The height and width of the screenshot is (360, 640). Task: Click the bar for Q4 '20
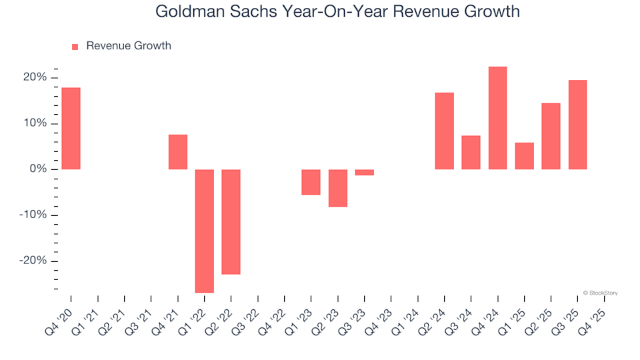click(x=71, y=128)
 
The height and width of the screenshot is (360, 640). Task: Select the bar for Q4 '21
click(x=178, y=152)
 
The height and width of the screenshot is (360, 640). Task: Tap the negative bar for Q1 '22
click(x=205, y=231)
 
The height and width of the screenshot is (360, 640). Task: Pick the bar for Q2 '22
click(x=231, y=221)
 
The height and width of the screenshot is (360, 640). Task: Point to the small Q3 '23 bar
click(x=365, y=173)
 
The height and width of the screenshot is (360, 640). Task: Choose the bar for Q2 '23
click(x=338, y=188)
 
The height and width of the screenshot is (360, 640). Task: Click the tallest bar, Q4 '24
click(x=497, y=118)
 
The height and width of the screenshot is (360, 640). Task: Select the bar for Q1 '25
click(x=524, y=156)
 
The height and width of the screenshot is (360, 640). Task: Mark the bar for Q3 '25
click(x=577, y=125)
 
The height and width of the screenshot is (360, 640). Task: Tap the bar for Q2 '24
click(x=445, y=131)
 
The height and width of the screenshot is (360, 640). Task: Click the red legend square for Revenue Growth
click(x=75, y=47)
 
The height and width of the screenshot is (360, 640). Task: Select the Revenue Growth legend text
click(x=129, y=46)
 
